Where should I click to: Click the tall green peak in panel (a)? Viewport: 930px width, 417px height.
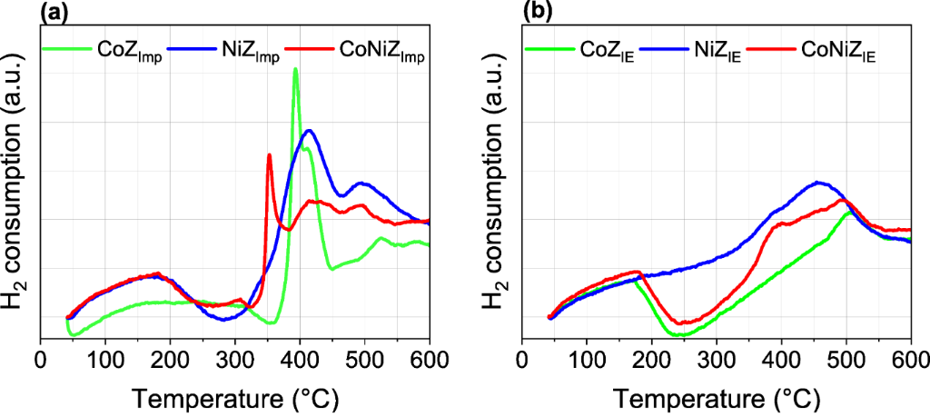(295, 70)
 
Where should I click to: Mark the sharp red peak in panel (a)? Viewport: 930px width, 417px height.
(269, 155)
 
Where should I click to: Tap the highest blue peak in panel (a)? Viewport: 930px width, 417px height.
(310, 131)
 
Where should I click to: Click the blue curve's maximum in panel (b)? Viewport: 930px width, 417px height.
(818, 183)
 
